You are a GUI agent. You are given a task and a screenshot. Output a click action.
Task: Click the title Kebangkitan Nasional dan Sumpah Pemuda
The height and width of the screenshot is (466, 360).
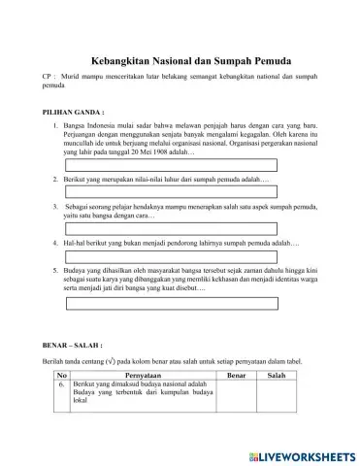(x=180, y=57)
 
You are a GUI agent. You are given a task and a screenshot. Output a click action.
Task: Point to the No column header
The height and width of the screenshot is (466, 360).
(x=62, y=374)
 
